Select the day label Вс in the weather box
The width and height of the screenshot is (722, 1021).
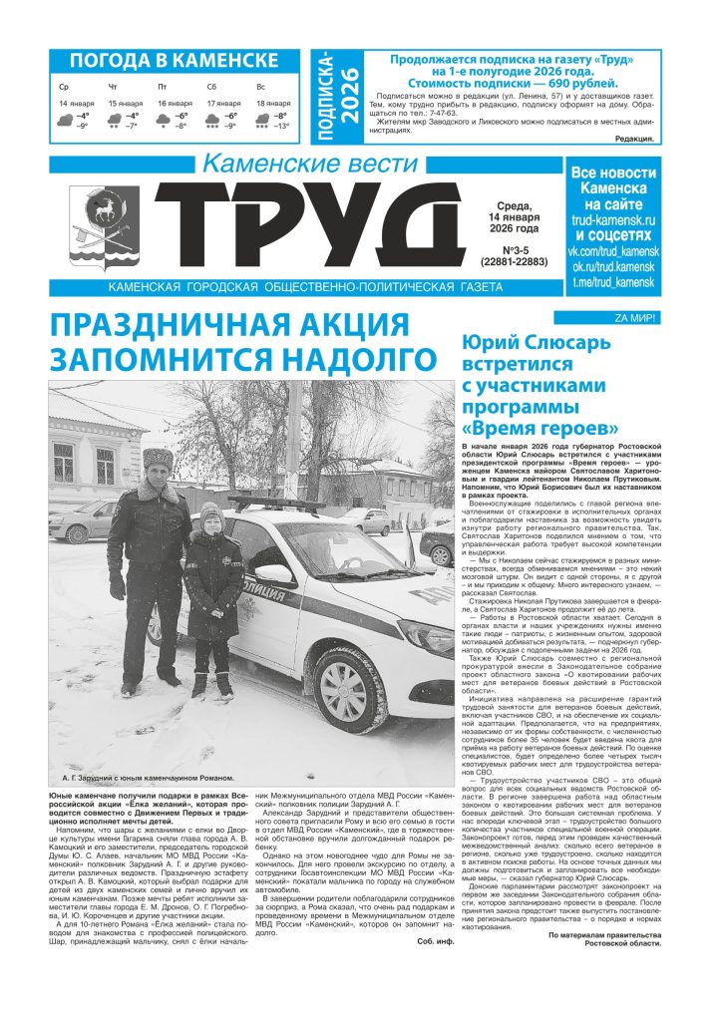260,88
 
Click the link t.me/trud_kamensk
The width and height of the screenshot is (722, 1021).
612,282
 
